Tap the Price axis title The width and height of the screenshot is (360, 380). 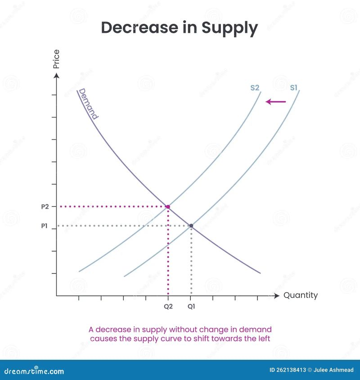(x=56, y=59)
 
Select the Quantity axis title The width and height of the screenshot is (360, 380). (x=300, y=295)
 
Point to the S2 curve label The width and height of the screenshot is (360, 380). (x=255, y=88)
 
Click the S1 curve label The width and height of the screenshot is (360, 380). (x=293, y=88)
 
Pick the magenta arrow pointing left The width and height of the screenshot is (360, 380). (x=276, y=102)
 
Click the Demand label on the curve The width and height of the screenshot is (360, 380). (x=88, y=103)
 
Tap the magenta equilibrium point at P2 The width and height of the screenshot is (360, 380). (x=168, y=207)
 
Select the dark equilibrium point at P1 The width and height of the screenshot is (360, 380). (x=191, y=226)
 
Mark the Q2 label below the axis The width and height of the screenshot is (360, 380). (x=168, y=307)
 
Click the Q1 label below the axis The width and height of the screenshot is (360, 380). (x=191, y=307)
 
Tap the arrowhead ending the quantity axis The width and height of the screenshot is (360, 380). (x=276, y=295)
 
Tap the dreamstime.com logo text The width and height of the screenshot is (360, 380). (x=34, y=371)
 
